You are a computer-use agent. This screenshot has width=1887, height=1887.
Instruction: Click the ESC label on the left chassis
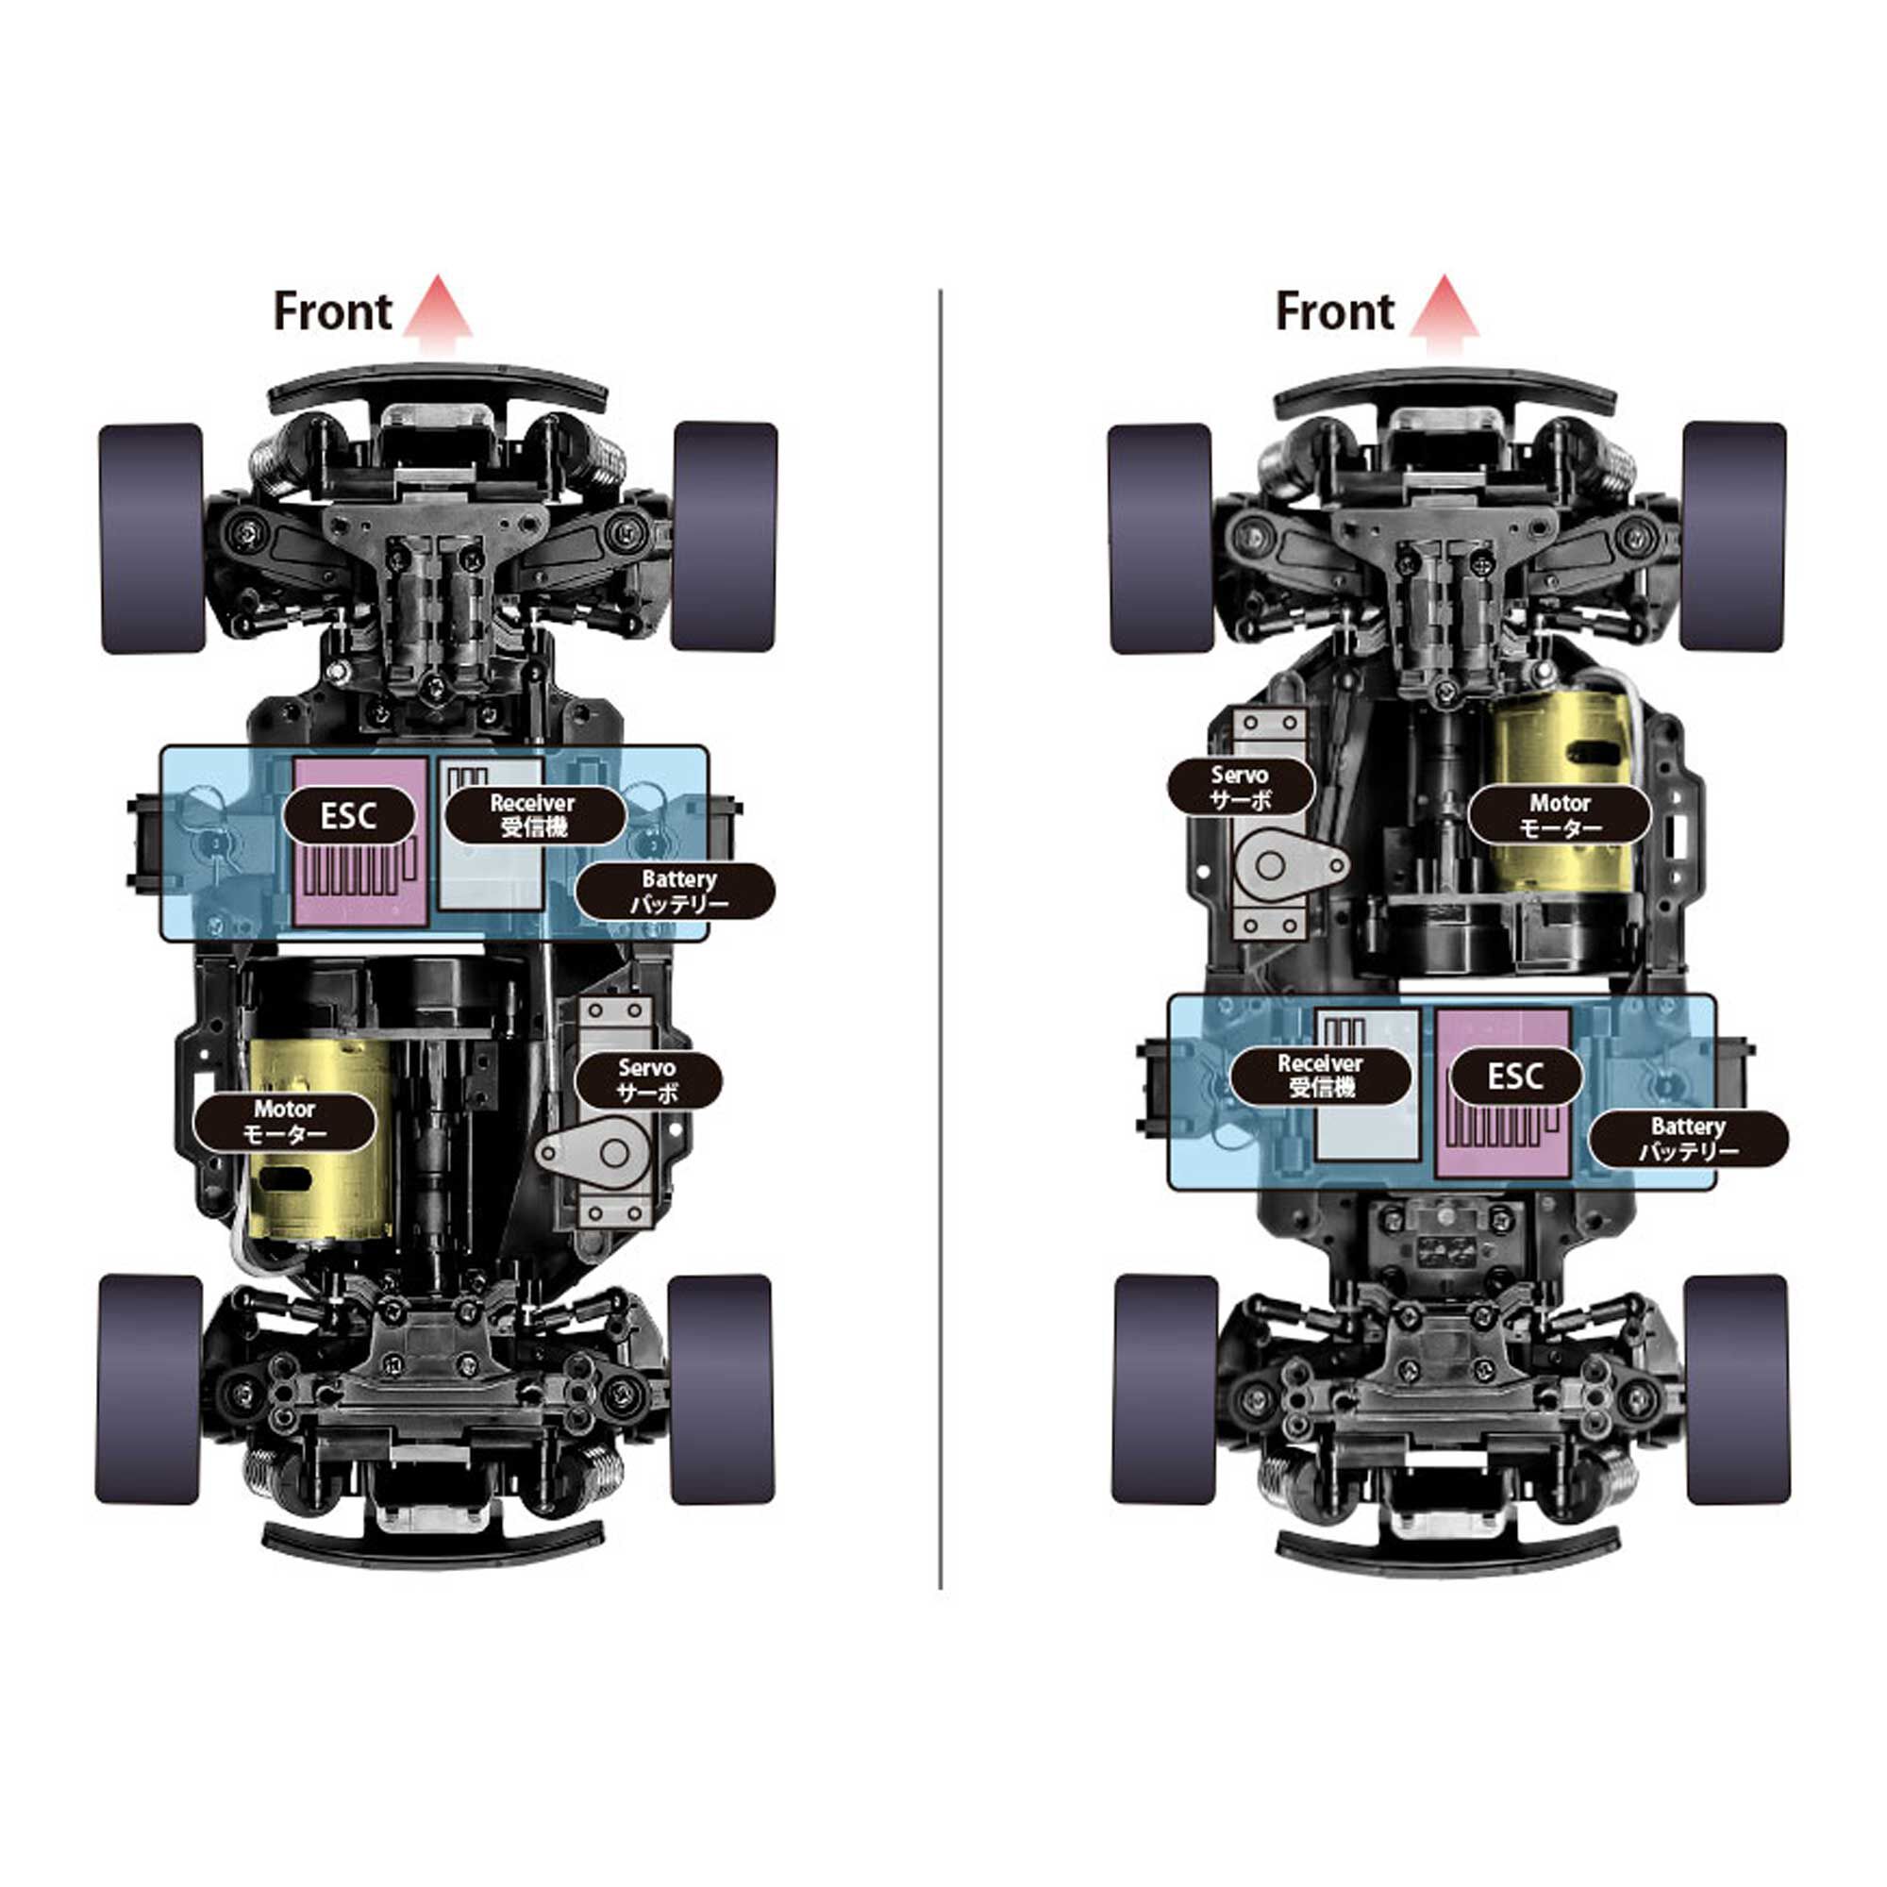(349, 815)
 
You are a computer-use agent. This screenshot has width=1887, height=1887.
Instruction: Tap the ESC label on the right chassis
(1515, 1077)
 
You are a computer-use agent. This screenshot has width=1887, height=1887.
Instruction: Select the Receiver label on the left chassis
(534, 814)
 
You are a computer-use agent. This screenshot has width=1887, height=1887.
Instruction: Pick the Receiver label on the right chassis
(1321, 1075)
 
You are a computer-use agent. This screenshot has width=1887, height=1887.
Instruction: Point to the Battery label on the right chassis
(1689, 1138)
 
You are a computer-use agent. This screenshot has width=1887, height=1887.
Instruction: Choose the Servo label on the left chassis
(647, 1080)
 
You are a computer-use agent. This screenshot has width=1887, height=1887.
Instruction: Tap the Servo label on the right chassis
(1241, 787)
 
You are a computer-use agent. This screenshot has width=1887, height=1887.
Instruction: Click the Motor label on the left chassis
(284, 1121)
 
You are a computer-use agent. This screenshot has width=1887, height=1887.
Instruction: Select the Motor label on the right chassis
(1560, 815)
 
